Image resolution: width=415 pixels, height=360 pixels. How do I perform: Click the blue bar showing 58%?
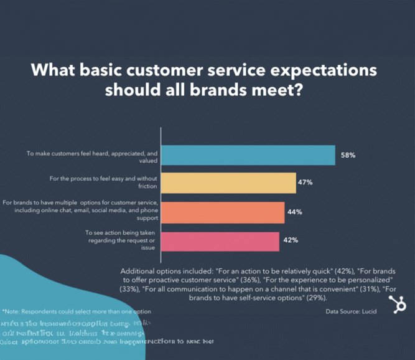248,154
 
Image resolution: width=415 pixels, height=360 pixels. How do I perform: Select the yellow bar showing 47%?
228,183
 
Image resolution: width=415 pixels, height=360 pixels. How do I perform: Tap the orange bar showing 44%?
222,212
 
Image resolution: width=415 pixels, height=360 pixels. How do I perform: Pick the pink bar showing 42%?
220,240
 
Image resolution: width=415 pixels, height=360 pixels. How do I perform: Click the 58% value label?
348,154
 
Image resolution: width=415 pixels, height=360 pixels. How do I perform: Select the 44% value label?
294,212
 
